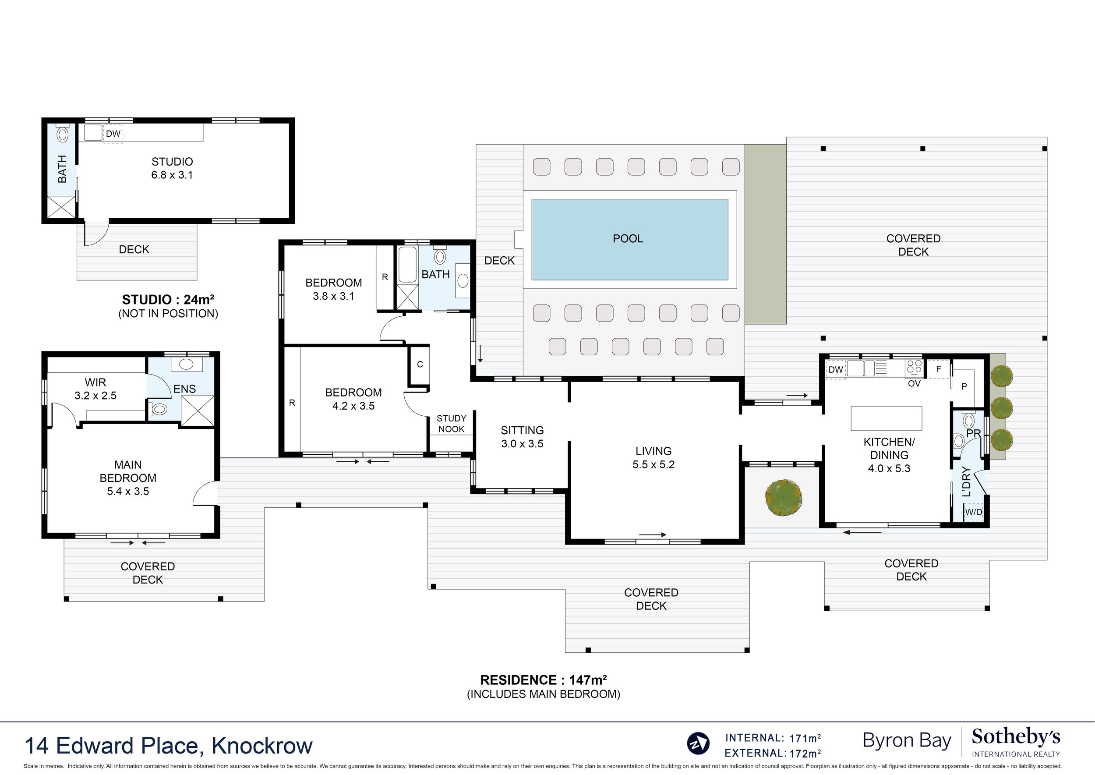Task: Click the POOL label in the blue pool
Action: tap(628, 239)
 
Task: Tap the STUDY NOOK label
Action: tap(452, 424)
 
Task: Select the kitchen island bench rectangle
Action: tap(887, 418)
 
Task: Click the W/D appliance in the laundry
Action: tap(973, 512)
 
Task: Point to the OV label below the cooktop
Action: tap(914, 384)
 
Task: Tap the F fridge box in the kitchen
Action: tap(938, 369)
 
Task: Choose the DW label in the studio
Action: tap(113, 134)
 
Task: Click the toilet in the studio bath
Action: tap(63, 133)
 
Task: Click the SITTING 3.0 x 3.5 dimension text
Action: tap(523, 444)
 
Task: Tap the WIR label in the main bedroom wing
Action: tap(95, 382)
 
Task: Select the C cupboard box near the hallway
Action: tap(420, 364)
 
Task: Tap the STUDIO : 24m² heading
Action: tap(168, 300)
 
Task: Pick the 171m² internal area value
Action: tap(805, 738)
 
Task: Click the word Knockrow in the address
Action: tap(262, 745)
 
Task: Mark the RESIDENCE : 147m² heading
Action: tap(544, 680)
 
